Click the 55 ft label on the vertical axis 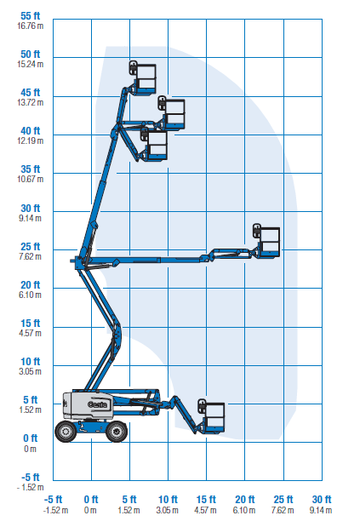[31, 16]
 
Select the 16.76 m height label [31, 26]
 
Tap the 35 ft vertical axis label [31, 169]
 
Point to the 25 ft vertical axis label [31, 246]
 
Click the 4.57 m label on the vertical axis [31, 334]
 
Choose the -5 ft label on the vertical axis [31, 477]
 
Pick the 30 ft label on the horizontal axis [322, 500]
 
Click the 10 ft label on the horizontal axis [168, 500]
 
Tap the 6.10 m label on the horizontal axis [244, 510]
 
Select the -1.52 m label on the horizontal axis [56, 510]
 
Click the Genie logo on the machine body [97, 404]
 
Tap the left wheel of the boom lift [66, 431]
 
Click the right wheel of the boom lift [117, 431]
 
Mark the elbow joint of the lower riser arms [117, 334]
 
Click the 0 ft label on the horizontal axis [91, 500]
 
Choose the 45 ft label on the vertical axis [31, 93]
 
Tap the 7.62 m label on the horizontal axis [283, 510]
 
